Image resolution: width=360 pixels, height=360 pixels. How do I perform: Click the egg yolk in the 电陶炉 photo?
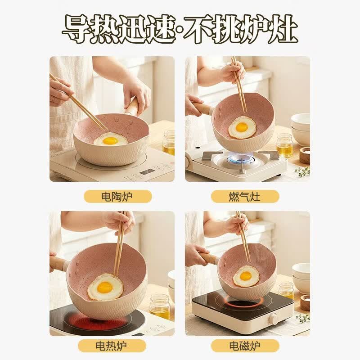click(110, 140)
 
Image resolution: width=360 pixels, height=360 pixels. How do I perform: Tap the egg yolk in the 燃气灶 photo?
click(242, 127)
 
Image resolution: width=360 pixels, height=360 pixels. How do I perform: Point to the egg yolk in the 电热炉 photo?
click(105, 287)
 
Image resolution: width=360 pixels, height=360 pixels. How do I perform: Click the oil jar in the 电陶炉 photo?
click(169, 143)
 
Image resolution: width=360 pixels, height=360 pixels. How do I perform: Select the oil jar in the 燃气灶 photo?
click(284, 145)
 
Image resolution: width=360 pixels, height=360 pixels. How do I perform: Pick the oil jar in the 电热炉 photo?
click(160, 306)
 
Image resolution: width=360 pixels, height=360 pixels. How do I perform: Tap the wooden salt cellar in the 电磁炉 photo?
click(305, 302)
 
